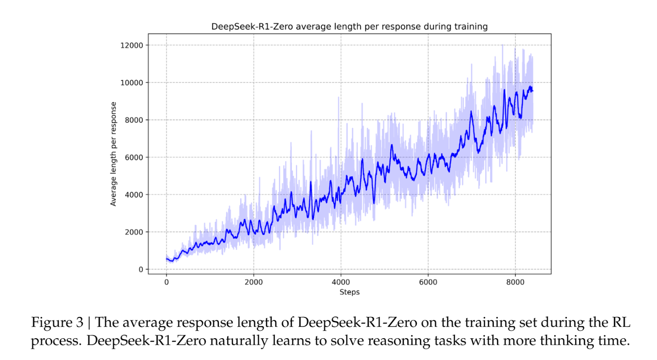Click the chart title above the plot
(349, 27)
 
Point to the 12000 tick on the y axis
(131, 45)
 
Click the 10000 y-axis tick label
(131, 83)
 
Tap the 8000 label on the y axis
(134, 120)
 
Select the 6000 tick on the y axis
(134, 157)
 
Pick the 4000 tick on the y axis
(134, 195)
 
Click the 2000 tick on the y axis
(134, 232)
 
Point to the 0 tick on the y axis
(141, 270)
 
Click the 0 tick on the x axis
(166, 282)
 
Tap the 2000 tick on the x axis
(254, 282)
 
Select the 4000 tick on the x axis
(341, 282)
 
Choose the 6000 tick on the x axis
(428, 282)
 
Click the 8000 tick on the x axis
(515, 282)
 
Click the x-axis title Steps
(349, 292)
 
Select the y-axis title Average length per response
(114, 154)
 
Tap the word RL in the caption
(621, 323)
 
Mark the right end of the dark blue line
(533, 91)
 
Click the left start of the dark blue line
(167, 259)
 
